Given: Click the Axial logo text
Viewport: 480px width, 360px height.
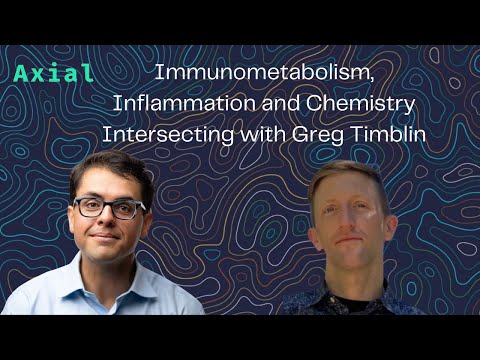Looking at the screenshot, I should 55,73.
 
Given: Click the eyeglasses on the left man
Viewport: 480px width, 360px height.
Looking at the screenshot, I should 110,209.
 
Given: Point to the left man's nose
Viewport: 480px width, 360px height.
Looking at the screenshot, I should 109,223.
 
